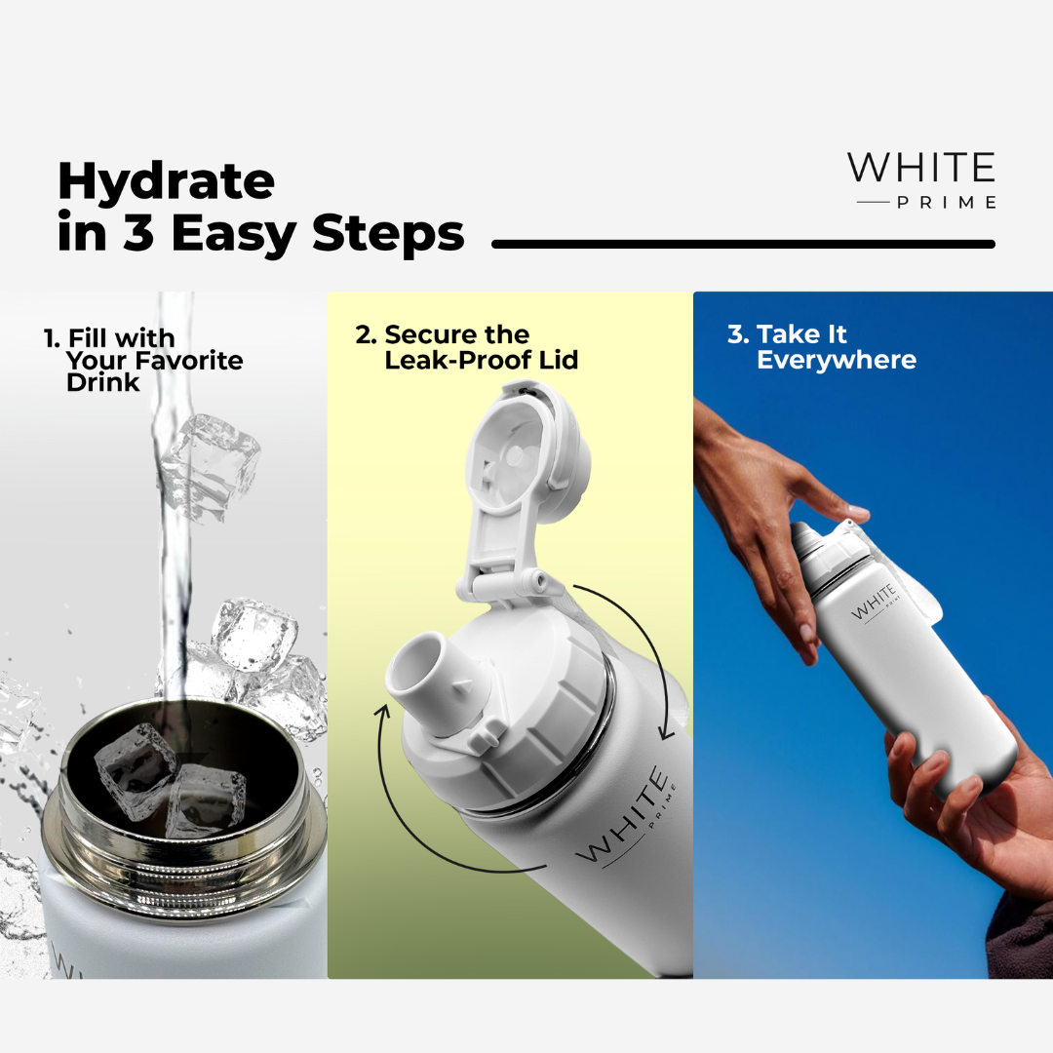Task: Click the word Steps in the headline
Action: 388,235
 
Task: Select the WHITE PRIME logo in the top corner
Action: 921,180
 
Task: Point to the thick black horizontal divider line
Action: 743,244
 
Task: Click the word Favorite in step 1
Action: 189,361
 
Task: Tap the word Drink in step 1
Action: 102,383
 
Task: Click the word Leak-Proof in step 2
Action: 458,360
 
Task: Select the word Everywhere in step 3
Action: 837,360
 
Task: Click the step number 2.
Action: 366,334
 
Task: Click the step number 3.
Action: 737,334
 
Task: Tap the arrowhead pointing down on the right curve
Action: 666,730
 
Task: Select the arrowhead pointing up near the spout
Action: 385,713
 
